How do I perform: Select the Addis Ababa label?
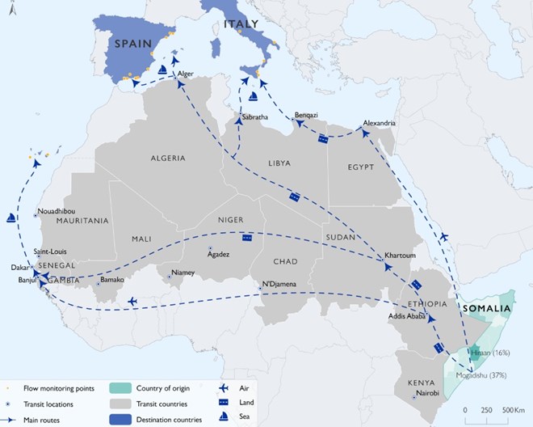point(406,316)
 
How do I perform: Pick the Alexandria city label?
point(380,122)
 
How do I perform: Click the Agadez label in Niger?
point(219,254)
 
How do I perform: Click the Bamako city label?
point(112,279)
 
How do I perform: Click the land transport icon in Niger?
point(246,238)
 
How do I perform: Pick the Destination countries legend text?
point(181,419)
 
